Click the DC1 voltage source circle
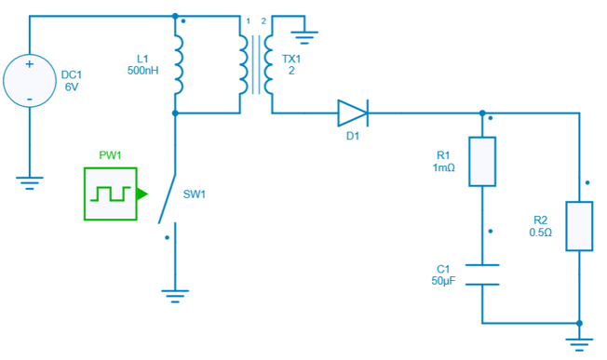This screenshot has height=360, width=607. pyautogui.click(x=31, y=81)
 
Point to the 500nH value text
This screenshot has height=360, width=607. pyautogui.click(x=143, y=71)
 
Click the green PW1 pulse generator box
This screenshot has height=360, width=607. pyautogui.click(x=111, y=193)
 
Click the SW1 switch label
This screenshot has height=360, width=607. pyautogui.click(x=195, y=194)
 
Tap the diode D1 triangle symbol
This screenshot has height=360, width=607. pyautogui.click(x=352, y=113)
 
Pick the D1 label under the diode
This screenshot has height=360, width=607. pyautogui.click(x=352, y=137)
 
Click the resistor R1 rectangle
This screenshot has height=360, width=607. pyautogui.click(x=482, y=161)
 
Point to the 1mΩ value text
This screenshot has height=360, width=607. pyautogui.click(x=444, y=167)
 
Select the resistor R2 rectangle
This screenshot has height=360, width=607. pyautogui.click(x=579, y=225)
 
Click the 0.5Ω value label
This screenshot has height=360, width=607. pyautogui.click(x=541, y=233)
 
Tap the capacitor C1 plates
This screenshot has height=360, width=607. pyautogui.click(x=482, y=274)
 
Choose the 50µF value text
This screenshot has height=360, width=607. pyautogui.click(x=442, y=280)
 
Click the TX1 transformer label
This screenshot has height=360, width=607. pyautogui.click(x=291, y=59)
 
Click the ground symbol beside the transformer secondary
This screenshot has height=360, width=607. pyautogui.click(x=304, y=38)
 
